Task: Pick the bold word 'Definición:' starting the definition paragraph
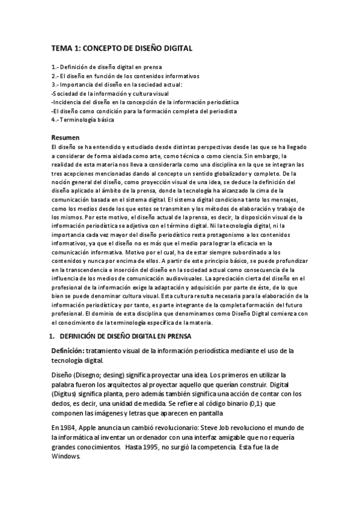pyautogui.click(x=69, y=351)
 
